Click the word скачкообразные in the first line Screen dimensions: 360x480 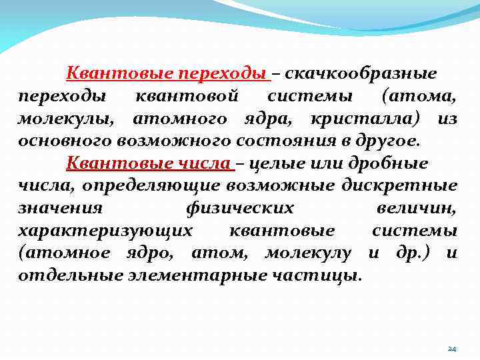coord(361,73)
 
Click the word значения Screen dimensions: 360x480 coord(60,209)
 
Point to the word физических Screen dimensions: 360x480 coord(239,209)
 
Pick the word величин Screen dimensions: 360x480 coord(416,209)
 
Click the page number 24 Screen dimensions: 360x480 coord(452,349)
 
